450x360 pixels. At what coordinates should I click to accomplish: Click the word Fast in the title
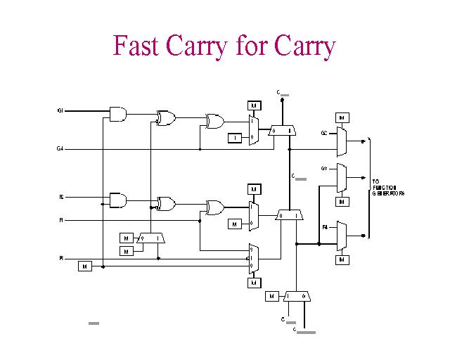[137, 46]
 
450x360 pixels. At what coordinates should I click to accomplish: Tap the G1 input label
[60, 111]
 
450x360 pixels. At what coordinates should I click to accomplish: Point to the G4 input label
[60, 148]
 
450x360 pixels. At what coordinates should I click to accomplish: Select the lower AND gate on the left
[118, 200]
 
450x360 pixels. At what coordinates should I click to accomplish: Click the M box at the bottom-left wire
[84, 266]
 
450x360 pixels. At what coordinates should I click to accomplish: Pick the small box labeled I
[236, 138]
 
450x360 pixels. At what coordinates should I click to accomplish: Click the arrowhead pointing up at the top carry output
[283, 100]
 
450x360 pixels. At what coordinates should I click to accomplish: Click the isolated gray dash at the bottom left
[94, 323]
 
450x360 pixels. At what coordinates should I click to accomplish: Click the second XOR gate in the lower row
[214, 207]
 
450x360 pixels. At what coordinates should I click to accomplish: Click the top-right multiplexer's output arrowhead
[362, 141]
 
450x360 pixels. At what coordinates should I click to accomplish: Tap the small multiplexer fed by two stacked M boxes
[151, 238]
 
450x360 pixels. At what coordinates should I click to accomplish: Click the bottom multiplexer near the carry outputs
[297, 296]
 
